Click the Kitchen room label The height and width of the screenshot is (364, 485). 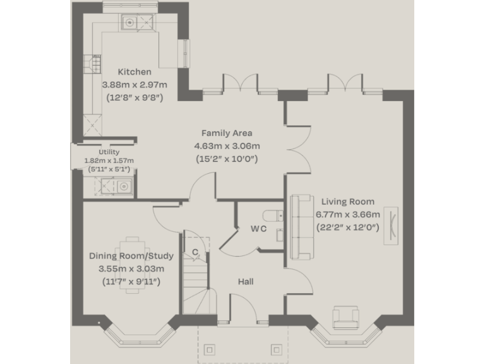coord(135,72)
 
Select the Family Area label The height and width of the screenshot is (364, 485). coord(227,133)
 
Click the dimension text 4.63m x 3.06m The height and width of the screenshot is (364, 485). coord(227,146)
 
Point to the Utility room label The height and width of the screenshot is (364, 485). coord(109,152)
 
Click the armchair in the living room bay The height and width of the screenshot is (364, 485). coord(345,317)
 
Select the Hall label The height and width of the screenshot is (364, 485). coord(246,281)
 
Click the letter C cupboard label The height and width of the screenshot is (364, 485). coord(195,253)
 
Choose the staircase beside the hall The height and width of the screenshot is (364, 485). coord(195,284)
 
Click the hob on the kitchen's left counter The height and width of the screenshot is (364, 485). coord(93,64)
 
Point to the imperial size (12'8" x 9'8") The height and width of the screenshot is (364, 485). coord(135,98)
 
